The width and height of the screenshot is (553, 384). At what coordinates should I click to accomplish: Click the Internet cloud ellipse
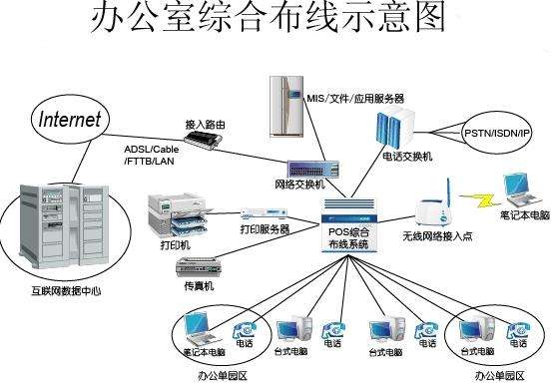click(70, 120)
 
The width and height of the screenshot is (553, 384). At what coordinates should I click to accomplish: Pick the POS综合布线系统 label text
click(348, 238)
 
